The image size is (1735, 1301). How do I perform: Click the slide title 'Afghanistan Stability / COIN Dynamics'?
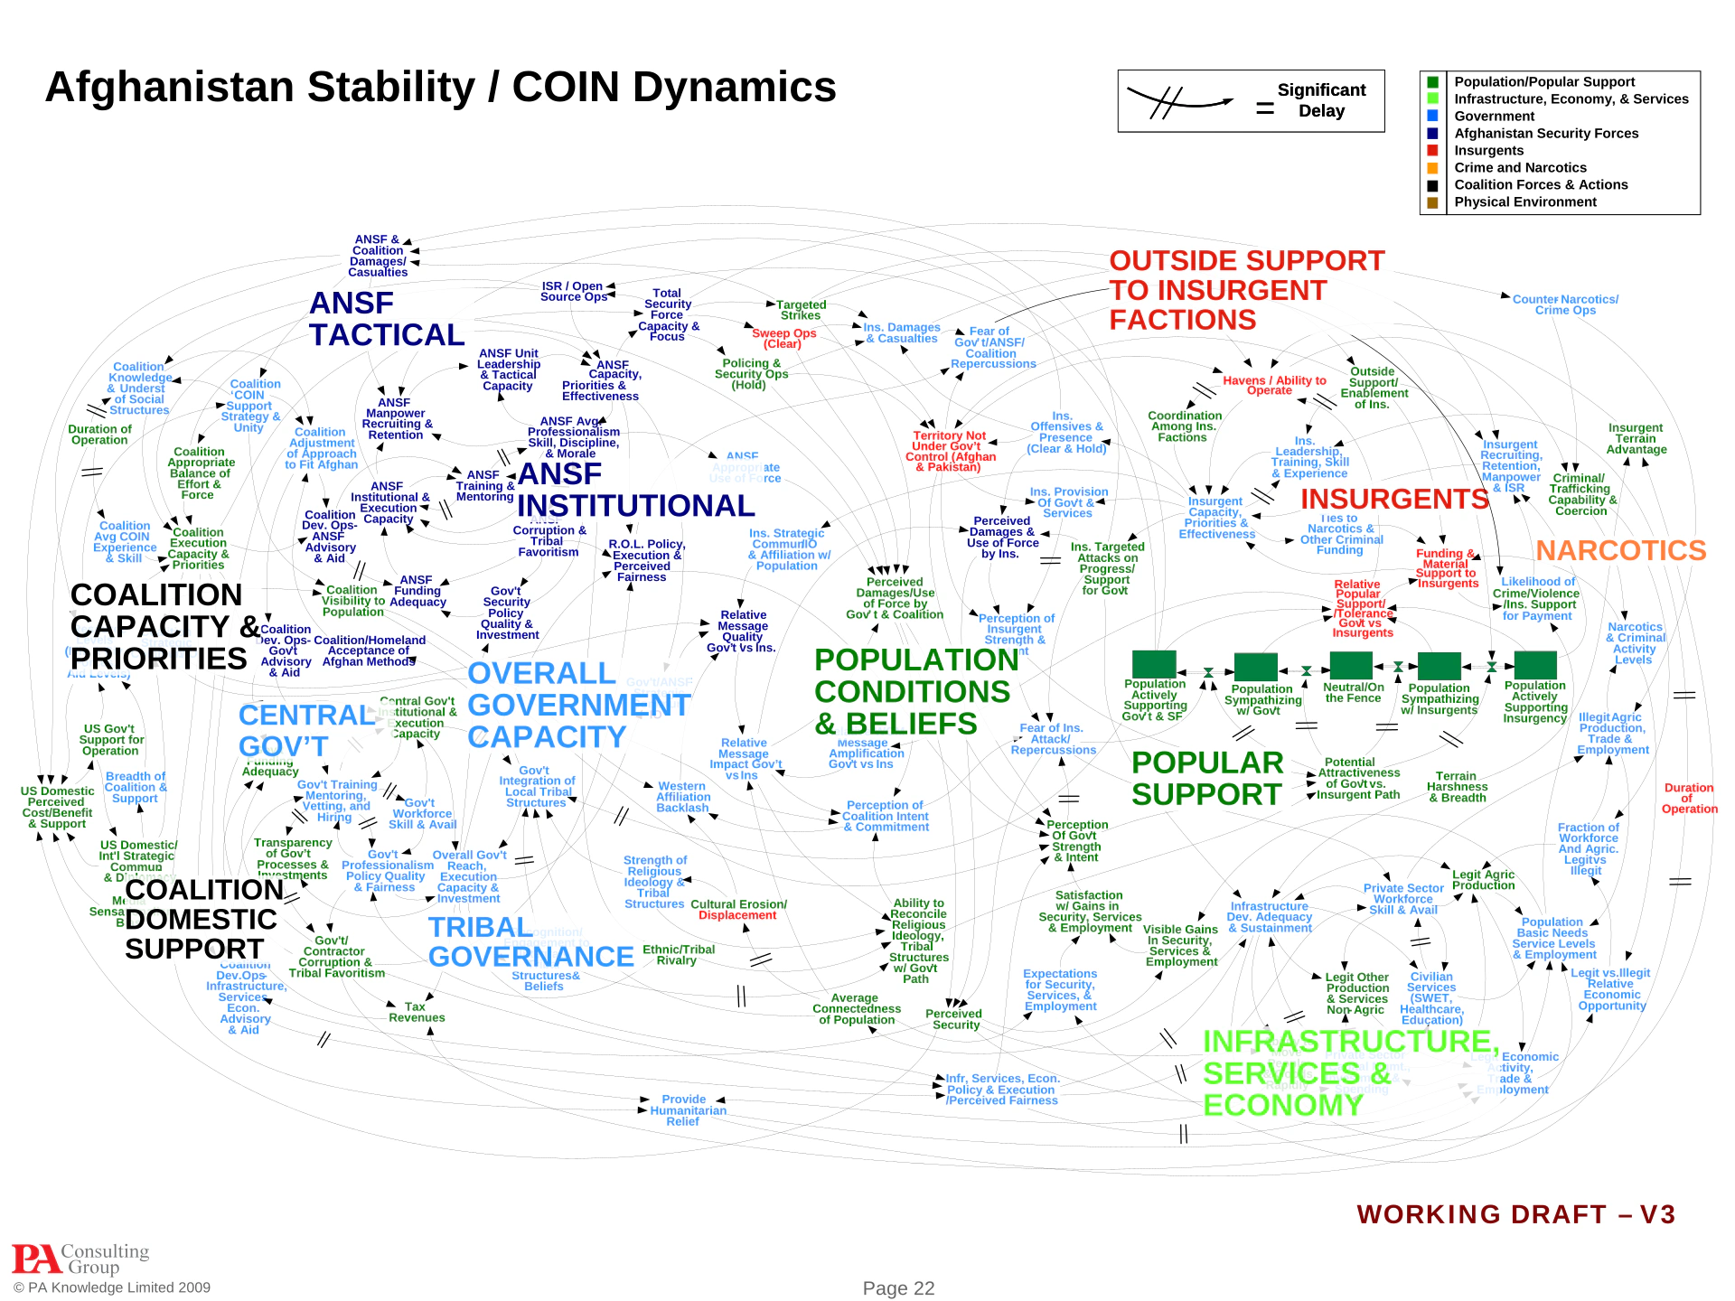point(440,88)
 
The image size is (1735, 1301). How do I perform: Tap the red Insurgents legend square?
point(1432,151)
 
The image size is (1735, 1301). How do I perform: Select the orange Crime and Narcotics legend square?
point(1432,168)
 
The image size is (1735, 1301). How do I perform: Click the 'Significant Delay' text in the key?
point(1321,100)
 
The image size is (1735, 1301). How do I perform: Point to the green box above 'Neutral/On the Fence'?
point(1351,665)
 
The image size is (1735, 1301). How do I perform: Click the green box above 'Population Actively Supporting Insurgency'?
point(1535,665)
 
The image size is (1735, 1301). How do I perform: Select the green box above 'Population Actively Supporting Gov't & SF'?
point(1154,664)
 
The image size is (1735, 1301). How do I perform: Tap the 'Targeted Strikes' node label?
point(801,310)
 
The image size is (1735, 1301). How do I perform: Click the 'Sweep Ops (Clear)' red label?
point(783,338)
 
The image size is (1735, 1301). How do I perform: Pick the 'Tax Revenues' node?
point(417,1012)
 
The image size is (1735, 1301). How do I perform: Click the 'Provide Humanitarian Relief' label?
point(688,1110)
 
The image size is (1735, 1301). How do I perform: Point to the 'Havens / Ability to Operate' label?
point(1274,385)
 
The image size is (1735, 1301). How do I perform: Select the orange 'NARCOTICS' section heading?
point(1620,550)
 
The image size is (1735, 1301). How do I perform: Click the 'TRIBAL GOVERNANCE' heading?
point(530,941)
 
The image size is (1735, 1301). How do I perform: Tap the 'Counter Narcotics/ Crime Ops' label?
point(1565,304)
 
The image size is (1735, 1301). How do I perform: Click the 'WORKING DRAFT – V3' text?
point(1515,1214)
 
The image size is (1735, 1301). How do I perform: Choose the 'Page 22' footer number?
point(898,1288)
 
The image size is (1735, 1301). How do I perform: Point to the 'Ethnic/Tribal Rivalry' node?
point(678,955)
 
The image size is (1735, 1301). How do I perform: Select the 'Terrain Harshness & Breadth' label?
point(1457,787)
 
